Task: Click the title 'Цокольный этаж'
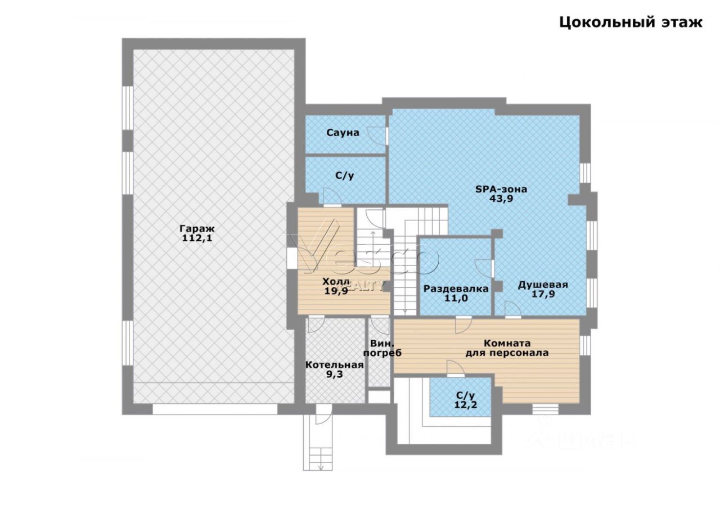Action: click(631, 23)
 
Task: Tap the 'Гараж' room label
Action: click(197, 228)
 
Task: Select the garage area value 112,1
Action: click(197, 238)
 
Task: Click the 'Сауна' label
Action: click(343, 133)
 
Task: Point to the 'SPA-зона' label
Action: click(501, 189)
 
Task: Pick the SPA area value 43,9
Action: click(501, 199)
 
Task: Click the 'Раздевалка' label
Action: click(456, 289)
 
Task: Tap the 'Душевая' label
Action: click(543, 285)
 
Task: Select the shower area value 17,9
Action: click(543, 294)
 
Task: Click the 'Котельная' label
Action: click(334, 365)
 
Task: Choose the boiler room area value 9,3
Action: click(335, 375)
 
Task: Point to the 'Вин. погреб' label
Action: click(382, 348)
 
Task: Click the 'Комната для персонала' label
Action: click(507, 348)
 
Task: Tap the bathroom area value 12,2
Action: click(465, 404)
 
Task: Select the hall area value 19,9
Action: click(336, 291)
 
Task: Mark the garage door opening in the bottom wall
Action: click(215, 409)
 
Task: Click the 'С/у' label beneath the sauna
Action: click(345, 176)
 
